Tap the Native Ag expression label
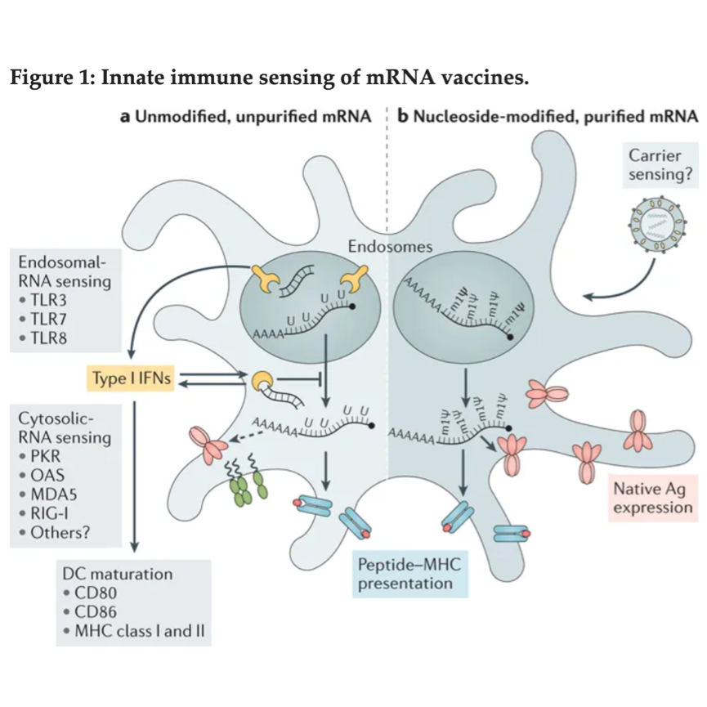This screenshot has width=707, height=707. (650, 499)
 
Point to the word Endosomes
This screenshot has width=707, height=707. (384, 246)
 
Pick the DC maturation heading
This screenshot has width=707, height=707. (118, 574)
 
